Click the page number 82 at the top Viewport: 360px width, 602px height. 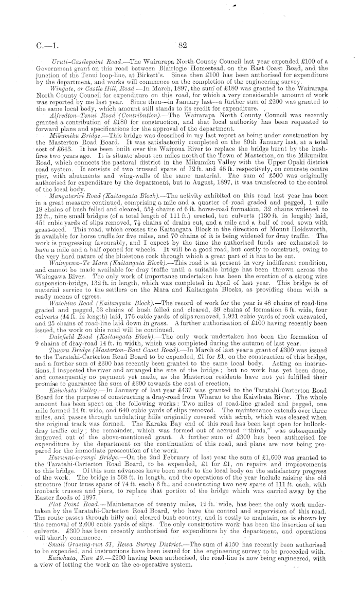tap(180, 45)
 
